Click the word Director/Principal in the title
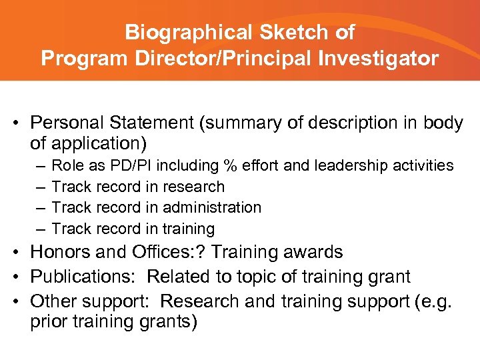215,59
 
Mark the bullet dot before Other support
21,300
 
